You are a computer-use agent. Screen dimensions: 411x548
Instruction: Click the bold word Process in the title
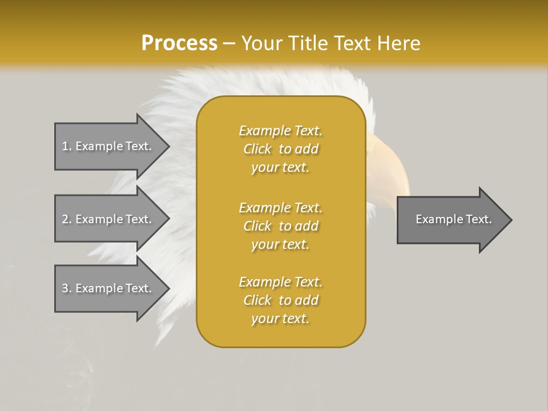[x=179, y=43]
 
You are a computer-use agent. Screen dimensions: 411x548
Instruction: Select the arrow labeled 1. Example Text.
[x=108, y=146]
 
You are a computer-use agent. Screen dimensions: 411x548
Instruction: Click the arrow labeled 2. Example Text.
[x=108, y=219]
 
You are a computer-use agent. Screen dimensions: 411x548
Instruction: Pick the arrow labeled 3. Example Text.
[x=108, y=288]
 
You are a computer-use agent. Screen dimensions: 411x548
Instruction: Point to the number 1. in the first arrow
[x=67, y=146]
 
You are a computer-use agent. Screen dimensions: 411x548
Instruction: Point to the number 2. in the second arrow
[x=67, y=219]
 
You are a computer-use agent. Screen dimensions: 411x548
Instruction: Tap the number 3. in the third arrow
[x=67, y=288]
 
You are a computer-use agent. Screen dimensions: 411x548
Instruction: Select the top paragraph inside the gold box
[x=281, y=149]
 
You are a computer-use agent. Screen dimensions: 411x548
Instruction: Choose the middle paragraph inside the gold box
[x=281, y=226]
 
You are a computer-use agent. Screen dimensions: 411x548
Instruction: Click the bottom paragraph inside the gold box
[x=281, y=300]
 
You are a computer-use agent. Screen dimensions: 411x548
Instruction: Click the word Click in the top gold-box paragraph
[x=257, y=149]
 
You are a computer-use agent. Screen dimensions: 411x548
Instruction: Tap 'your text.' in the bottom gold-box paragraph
[x=280, y=319]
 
